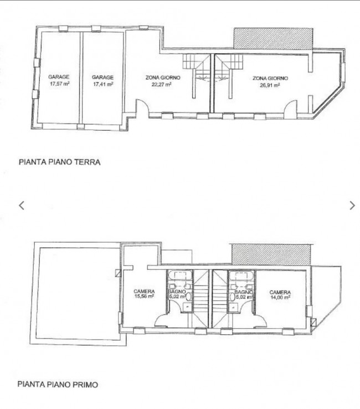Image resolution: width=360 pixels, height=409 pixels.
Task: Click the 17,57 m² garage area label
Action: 59,84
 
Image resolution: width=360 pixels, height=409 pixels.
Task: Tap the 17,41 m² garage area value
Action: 103,84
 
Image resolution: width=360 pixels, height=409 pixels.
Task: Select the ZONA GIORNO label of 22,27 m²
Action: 163,78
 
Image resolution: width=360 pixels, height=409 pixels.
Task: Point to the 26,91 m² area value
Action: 270,85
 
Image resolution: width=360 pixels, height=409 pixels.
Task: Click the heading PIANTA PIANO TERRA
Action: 60,162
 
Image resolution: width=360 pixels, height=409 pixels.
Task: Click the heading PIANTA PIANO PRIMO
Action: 58,385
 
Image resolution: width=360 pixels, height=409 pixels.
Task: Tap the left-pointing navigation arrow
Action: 22,206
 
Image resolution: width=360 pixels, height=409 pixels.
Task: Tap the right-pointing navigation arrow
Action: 352,206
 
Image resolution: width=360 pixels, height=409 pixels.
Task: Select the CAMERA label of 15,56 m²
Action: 144,292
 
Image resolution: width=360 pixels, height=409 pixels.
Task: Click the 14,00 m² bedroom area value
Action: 280,297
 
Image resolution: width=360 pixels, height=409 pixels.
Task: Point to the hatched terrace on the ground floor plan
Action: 273,38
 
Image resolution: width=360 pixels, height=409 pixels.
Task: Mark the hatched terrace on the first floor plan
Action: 271,254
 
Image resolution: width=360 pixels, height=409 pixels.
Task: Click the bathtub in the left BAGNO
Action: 180,275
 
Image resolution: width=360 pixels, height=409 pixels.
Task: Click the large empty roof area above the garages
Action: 78,293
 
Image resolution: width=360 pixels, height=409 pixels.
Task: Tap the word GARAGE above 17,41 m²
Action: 102,78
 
